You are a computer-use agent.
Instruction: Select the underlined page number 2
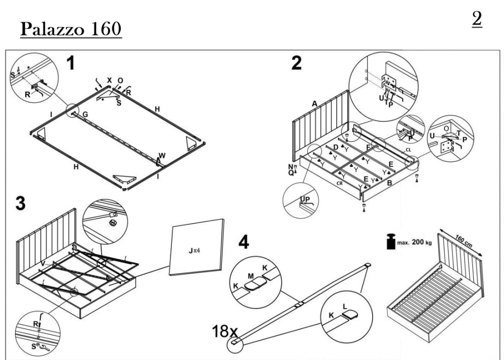pos(477,19)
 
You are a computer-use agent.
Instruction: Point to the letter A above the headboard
pos(314,103)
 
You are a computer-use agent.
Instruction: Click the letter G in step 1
pos(86,115)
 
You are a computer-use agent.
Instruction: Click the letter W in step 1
pos(161,155)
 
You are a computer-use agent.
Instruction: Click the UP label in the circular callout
pos(304,200)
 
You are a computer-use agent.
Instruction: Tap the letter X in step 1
pos(109,80)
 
